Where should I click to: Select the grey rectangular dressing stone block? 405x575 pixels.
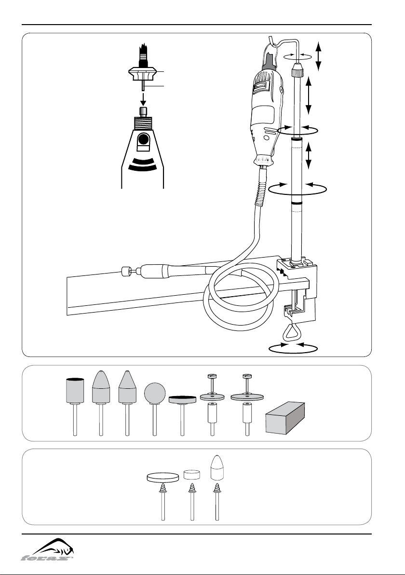(x=285, y=418)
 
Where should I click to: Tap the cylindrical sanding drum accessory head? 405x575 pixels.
(x=75, y=390)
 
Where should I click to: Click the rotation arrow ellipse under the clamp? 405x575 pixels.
(x=293, y=349)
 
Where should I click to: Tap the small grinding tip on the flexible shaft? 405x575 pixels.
(x=126, y=272)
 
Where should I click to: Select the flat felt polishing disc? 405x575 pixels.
(x=163, y=477)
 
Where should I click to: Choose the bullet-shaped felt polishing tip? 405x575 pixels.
(x=217, y=467)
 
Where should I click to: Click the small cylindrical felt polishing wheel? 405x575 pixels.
(x=192, y=474)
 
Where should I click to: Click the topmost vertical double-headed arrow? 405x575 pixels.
(x=319, y=56)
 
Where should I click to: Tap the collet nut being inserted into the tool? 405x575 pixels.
(x=143, y=74)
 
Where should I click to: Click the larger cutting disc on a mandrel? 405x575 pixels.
(x=247, y=397)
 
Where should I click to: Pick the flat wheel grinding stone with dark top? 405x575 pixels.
(x=183, y=400)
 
